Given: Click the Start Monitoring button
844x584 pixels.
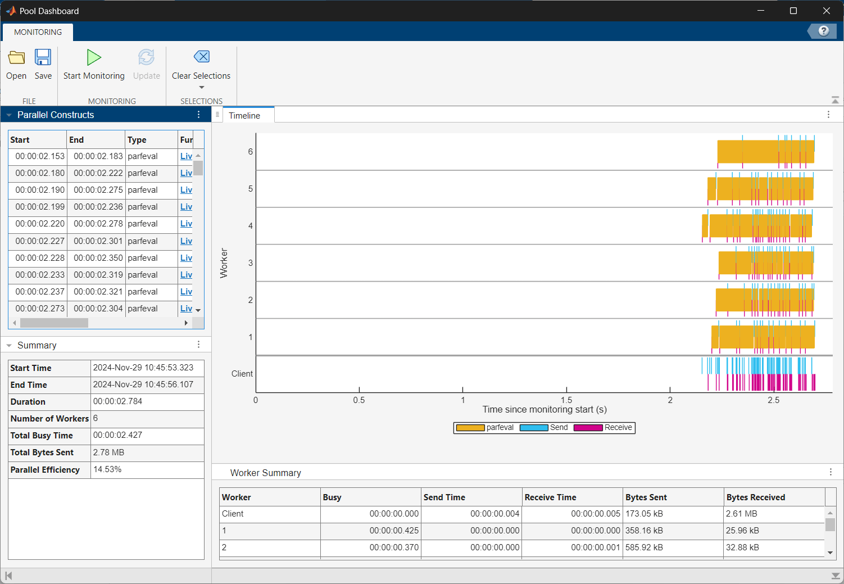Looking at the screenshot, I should (x=94, y=65).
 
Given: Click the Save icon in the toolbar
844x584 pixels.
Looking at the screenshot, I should (x=43, y=65).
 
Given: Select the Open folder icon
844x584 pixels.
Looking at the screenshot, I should (x=16, y=65).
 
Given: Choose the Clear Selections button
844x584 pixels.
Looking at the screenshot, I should (x=201, y=65).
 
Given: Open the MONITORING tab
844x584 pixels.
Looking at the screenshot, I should (x=38, y=32).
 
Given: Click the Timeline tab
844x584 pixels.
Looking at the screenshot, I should (x=244, y=116).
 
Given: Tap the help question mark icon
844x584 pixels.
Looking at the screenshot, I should (x=823, y=31).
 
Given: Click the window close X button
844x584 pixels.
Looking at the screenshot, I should (x=826, y=11).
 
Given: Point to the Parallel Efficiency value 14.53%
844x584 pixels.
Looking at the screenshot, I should (x=107, y=469).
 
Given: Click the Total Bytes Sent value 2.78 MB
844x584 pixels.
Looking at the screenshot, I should (x=108, y=452).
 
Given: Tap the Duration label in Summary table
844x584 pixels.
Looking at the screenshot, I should (x=28, y=402).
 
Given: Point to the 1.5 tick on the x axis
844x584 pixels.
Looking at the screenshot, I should (x=566, y=400).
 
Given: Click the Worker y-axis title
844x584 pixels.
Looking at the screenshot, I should (x=224, y=263).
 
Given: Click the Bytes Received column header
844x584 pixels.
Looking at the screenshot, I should (x=755, y=497).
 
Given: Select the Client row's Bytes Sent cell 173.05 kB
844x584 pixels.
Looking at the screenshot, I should (x=644, y=514).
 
